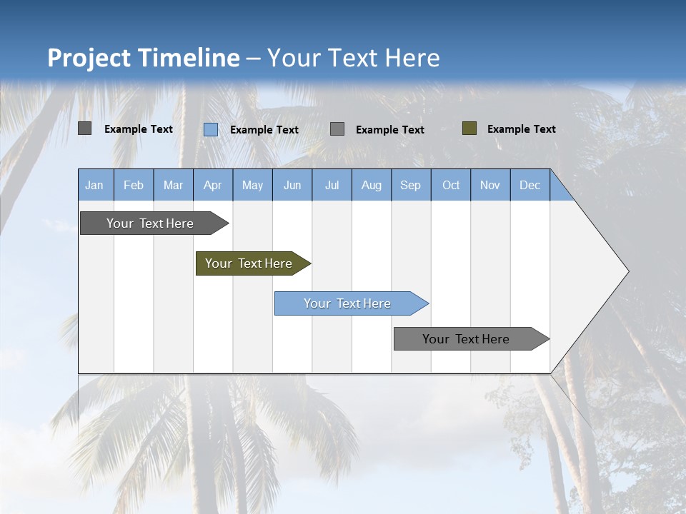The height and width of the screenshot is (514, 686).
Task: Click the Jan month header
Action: (94, 185)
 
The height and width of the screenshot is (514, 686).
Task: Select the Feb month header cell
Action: (134, 185)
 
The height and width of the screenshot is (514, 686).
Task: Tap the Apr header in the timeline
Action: (213, 185)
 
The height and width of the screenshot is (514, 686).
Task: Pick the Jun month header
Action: (292, 185)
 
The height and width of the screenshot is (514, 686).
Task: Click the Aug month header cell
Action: (372, 185)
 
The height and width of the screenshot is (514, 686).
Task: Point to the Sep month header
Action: (411, 185)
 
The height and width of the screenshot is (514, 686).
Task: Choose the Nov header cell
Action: (490, 185)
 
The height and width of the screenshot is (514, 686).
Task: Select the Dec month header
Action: (530, 185)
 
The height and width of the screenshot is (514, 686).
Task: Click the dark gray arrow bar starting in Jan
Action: (151, 223)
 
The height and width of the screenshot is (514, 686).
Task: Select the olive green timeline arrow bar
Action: (249, 263)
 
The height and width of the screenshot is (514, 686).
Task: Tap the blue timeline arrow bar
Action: (348, 303)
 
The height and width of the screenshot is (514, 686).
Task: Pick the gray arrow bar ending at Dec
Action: (467, 339)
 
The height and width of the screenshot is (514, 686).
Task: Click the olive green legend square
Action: (469, 128)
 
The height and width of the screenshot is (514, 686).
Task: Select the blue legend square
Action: (211, 129)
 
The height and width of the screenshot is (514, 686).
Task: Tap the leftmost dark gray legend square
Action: (85, 128)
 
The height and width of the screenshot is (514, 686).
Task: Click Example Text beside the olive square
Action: (522, 129)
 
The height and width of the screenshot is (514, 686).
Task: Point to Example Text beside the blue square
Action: (264, 130)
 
